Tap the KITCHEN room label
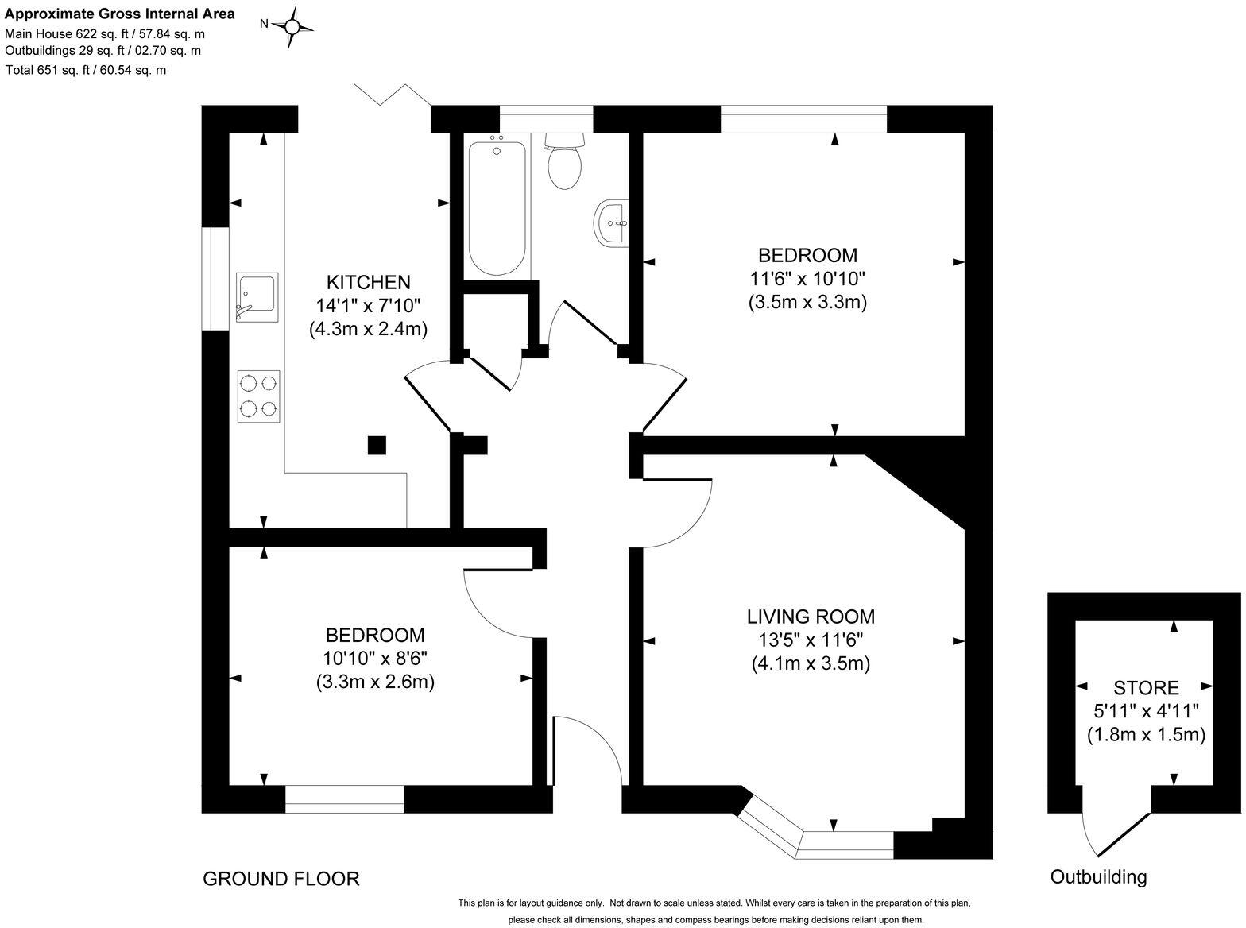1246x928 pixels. [368, 282]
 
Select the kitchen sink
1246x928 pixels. [257, 297]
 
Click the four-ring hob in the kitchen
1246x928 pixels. [258, 396]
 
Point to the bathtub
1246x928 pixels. [497, 208]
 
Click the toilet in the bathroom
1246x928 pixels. [564, 162]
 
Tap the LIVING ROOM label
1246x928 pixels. [810, 617]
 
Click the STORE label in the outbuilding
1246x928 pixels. [1145, 688]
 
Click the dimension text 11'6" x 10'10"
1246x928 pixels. [807, 279]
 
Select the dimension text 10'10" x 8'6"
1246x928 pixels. [374, 659]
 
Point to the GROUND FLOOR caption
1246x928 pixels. [281, 879]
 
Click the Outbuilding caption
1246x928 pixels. [1098, 877]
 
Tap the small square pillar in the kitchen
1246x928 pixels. [377, 445]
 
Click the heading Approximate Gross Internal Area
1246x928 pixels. [120, 14]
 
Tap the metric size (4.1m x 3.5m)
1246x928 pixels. [811, 663]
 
